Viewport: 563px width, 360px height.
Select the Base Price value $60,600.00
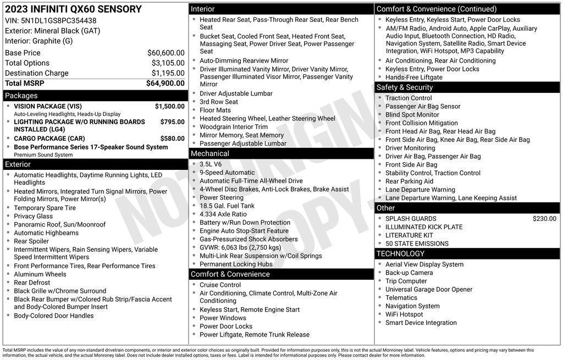(165, 53)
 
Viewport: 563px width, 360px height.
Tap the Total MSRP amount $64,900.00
(165, 84)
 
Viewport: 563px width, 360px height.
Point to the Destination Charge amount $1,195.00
(168, 73)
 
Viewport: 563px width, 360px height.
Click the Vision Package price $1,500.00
(169, 107)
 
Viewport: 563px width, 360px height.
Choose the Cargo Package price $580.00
(172, 139)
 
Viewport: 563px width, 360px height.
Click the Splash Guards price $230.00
(544, 219)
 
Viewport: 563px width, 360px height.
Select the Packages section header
(21, 96)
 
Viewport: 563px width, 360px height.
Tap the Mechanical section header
(210, 153)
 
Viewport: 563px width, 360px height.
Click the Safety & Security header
(405, 87)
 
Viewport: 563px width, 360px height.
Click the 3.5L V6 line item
(211, 164)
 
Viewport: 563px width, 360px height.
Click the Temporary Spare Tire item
(45, 208)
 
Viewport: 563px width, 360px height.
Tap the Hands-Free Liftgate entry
(413, 77)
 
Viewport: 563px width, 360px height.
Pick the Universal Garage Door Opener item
(429, 290)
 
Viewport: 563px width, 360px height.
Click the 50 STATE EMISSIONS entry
(417, 243)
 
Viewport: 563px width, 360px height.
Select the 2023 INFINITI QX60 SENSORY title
(73, 9)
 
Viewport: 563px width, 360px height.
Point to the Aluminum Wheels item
(40, 274)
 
